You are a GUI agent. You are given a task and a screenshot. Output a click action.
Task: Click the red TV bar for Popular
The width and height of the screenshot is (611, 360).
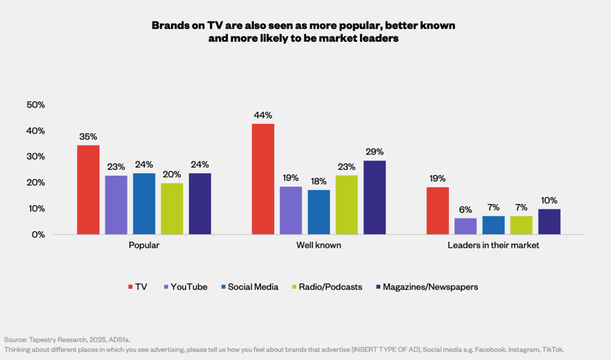[88, 190]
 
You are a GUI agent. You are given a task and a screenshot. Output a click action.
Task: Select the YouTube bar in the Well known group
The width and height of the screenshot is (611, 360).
[291, 211]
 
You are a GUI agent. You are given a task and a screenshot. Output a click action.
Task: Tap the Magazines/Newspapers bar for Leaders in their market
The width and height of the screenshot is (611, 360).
[549, 222]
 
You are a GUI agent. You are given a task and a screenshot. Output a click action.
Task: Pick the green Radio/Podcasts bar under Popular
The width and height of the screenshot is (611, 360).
[172, 209]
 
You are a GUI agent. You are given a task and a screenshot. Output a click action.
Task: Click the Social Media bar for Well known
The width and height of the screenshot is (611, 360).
[319, 212]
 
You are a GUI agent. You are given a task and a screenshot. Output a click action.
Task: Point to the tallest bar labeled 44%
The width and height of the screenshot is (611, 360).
[263, 179]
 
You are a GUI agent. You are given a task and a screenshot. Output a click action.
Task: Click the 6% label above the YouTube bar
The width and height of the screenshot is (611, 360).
[465, 209]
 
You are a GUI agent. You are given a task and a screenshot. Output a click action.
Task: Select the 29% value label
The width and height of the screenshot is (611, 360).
[375, 151]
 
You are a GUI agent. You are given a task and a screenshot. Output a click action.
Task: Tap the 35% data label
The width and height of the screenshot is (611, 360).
[88, 136]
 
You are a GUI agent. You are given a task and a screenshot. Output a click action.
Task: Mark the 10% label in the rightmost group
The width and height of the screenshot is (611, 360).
[549, 200]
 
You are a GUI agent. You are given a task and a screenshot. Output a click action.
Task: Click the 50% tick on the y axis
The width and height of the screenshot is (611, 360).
[36, 105]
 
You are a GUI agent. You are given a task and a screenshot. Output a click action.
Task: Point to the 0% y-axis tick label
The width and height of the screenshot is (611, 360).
[38, 235]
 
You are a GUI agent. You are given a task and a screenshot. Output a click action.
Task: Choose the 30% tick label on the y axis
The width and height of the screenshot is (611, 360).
[36, 157]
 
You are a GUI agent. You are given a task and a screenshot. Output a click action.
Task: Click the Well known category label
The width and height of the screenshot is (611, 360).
[319, 245]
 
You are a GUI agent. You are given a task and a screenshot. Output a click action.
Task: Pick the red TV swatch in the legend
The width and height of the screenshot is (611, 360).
[131, 287]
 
